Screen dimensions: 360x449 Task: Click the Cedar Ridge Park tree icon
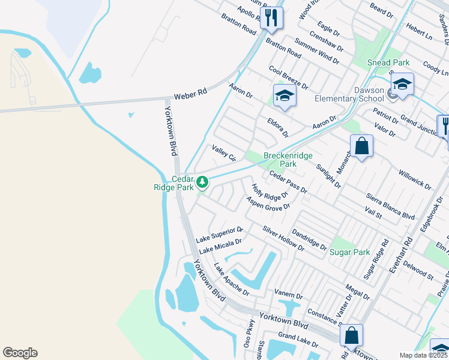tap(203, 181)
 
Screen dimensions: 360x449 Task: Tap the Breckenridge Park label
tap(289, 160)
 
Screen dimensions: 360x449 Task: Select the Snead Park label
tap(388, 62)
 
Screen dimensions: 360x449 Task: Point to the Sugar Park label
tap(350, 253)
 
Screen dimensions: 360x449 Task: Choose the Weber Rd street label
tap(190, 94)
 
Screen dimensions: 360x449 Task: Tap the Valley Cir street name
tap(223, 152)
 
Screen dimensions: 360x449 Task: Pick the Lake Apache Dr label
tap(231, 280)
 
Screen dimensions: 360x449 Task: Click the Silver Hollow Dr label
tap(283, 239)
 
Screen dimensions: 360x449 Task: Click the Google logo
tap(20, 353)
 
